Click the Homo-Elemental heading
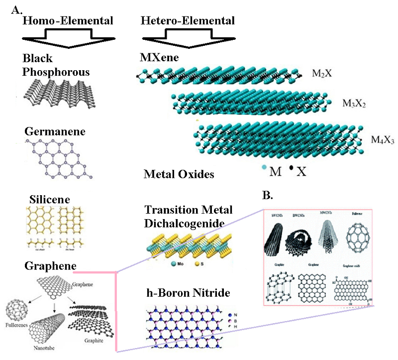point(68,20)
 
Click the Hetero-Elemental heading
point(188,20)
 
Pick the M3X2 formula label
point(354,104)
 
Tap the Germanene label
point(54,132)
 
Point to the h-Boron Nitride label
point(187,293)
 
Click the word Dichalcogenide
point(184,223)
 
